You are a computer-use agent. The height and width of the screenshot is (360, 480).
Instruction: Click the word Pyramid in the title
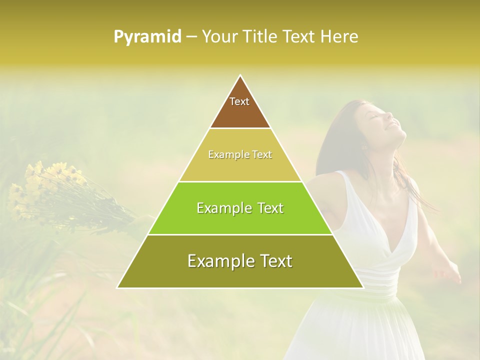pyautogui.click(x=147, y=36)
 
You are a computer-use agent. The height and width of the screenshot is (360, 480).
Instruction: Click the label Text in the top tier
pyautogui.click(x=239, y=101)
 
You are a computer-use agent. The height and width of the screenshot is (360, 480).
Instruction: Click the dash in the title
pyautogui.click(x=191, y=37)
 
